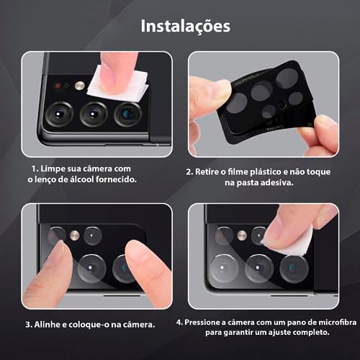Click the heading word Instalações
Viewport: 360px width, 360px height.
tap(186, 27)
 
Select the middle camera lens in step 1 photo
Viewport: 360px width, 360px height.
tap(94, 113)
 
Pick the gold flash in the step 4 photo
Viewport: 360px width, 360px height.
tap(242, 235)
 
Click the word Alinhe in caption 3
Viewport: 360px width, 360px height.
tap(53, 324)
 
